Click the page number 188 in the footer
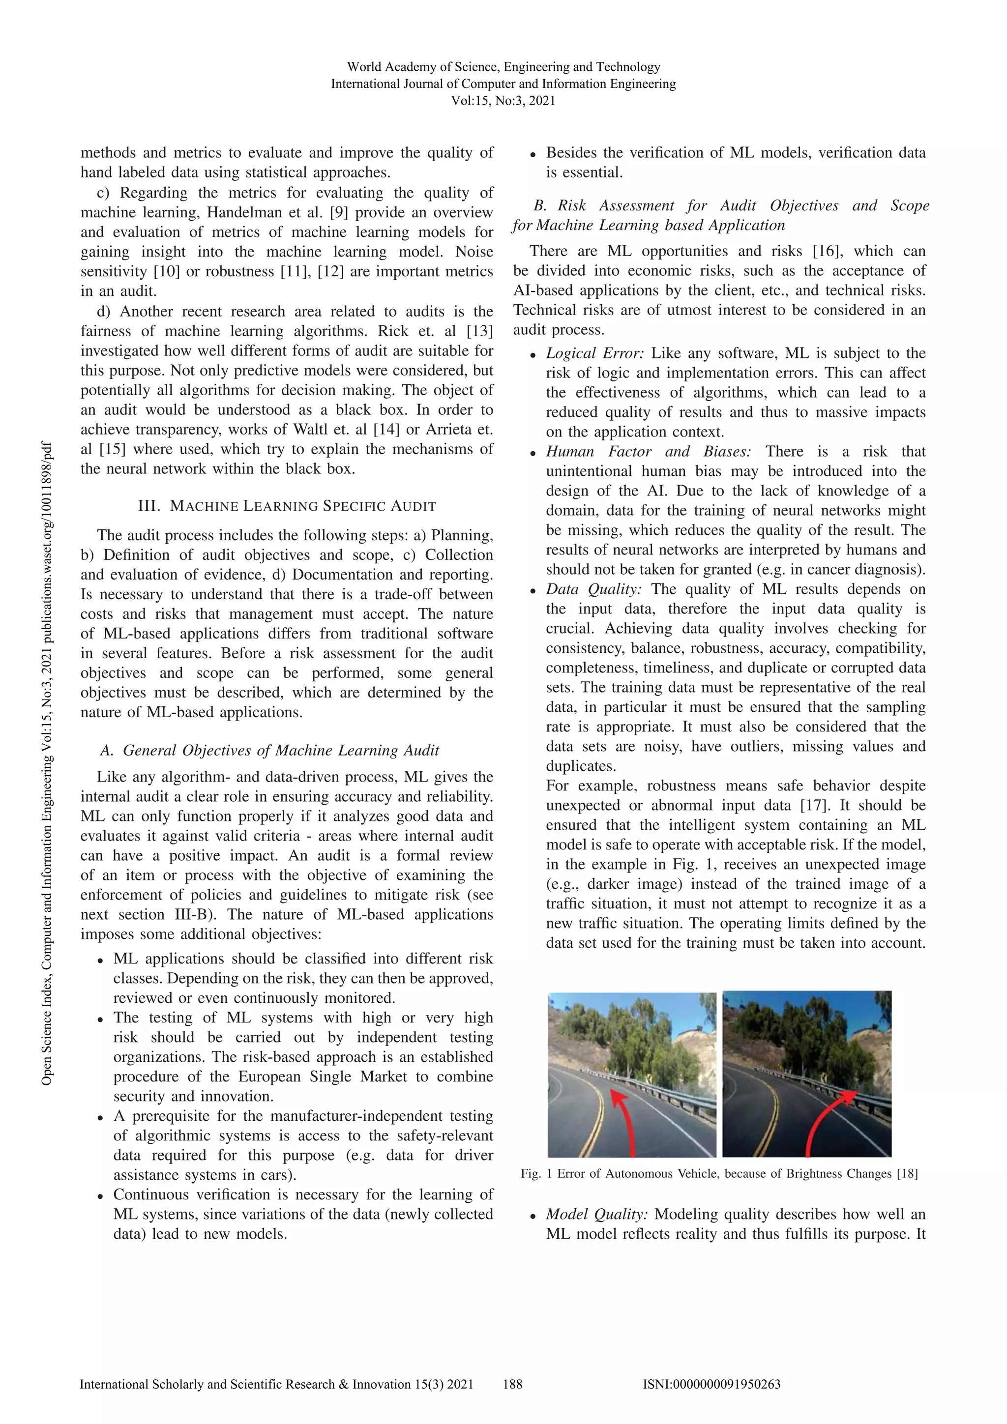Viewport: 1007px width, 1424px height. pyautogui.click(x=512, y=1384)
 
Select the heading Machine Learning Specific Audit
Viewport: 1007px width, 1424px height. pyautogui.click(x=287, y=505)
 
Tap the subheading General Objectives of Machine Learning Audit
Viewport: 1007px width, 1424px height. pyautogui.click(x=269, y=751)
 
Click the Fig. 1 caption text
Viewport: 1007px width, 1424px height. pyautogui.click(x=720, y=1173)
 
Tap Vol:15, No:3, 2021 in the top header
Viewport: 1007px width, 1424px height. pyautogui.click(x=503, y=100)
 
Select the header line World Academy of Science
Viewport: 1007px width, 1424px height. pyautogui.click(x=503, y=67)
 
